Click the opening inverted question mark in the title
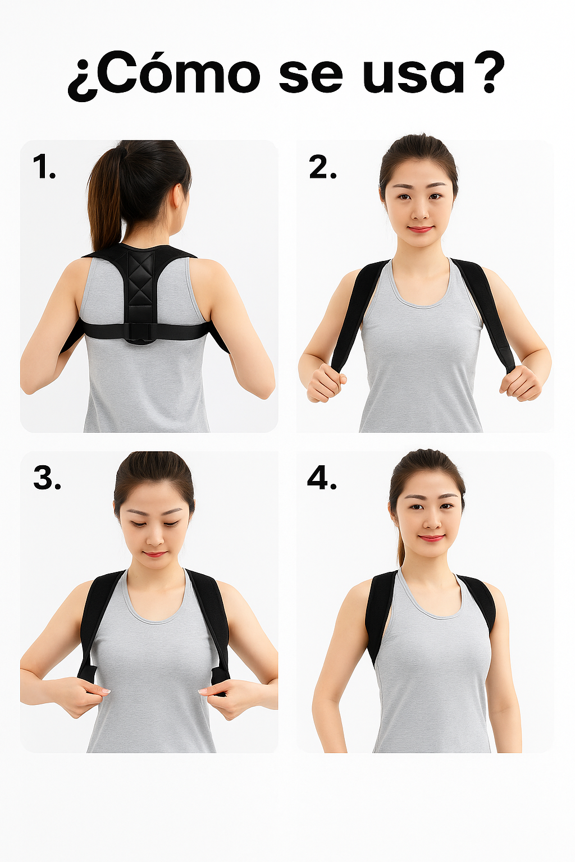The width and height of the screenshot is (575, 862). (x=82, y=82)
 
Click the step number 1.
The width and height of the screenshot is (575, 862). (x=44, y=167)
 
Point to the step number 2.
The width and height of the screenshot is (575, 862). (x=322, y=167)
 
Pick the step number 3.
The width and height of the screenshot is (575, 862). (x=47, y=478)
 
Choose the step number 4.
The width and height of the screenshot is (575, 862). (x=322, y=478)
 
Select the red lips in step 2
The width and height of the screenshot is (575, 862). (x=421, y=229)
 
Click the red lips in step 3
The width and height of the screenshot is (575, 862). (x=154, y=554)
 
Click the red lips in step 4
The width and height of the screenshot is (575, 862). (x=431, y=538)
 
